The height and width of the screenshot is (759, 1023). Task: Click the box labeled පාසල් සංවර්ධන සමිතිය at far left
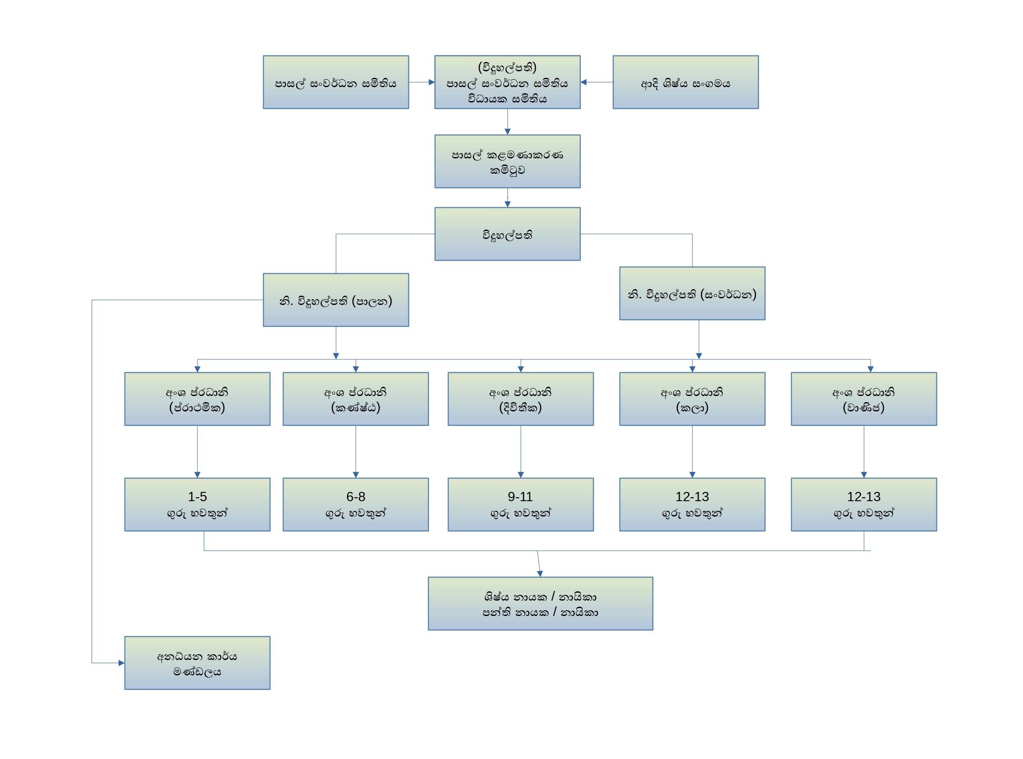(336, 82)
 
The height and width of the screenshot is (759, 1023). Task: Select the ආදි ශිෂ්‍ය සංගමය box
(686, 82)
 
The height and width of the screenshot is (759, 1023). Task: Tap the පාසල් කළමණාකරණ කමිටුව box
(507, 161)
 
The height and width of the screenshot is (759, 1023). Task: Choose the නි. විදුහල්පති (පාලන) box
(336, 300)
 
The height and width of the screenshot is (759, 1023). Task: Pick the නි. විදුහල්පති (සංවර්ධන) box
(692, 293)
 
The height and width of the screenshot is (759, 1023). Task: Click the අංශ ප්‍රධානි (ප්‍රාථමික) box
(197, 399)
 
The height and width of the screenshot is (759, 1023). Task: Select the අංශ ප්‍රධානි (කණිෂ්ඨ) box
(356, 399)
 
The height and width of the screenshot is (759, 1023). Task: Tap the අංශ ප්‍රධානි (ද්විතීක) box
(521, 399)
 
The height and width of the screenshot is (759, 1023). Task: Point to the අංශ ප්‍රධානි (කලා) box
(692, 399)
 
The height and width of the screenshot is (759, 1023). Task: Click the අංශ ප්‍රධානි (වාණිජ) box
(864, 399)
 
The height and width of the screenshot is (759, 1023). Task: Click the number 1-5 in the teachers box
(197, 497)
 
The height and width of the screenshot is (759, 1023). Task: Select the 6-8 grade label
(356, 497)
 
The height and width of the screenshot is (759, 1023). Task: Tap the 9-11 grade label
(520, 497)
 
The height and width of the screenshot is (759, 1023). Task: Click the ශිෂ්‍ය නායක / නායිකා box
(540, 603)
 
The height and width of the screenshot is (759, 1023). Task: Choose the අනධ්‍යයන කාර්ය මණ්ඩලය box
(197, 663)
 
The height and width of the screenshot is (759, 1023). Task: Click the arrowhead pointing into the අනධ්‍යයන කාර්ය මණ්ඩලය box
(121, 663)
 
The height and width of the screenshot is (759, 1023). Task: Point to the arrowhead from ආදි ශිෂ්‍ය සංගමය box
(584, 82)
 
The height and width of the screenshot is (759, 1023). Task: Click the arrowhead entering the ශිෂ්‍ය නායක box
(540, 573)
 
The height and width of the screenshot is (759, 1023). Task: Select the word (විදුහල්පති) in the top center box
(507, 67)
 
